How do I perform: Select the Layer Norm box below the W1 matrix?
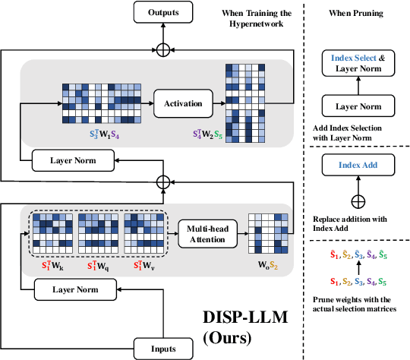(72, 159)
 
